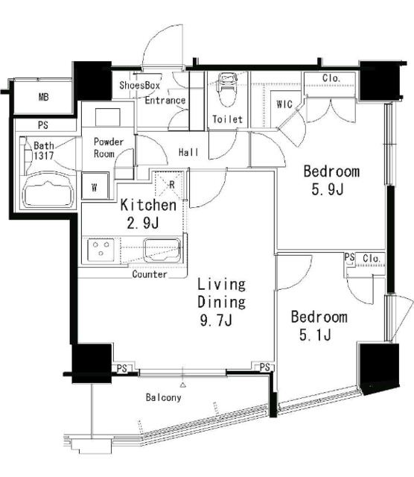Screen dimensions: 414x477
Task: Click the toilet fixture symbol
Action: coord(227,89)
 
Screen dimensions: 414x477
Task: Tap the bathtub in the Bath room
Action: coord(49,191)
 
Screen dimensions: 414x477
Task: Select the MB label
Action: coord(43,97)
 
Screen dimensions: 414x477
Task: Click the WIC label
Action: coord(284,104)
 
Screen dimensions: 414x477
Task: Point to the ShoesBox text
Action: coord(139,85)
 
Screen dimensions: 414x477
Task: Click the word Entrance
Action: coord(165,100)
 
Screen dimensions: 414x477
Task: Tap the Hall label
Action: coord(188,152)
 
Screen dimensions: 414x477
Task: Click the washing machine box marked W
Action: coord(95,186)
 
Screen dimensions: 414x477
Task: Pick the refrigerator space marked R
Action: coord(169,184)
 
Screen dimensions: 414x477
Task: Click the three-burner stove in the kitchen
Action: coord(101,250)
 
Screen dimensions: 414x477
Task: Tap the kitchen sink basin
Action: coord(162,250)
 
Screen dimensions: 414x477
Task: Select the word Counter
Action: coord(150,274)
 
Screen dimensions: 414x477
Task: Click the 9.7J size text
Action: coord(216,320)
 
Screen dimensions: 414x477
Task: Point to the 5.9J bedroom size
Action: coord(328,189)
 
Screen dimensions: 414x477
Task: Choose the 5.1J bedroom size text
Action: coord(315,335)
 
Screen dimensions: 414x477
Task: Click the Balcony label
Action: coord(164,397)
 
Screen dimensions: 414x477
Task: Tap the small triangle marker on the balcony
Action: coord(182,385)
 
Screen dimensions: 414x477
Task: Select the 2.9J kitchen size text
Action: coord(143,224)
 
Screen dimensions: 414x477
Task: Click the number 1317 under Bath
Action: coord(44,156)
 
